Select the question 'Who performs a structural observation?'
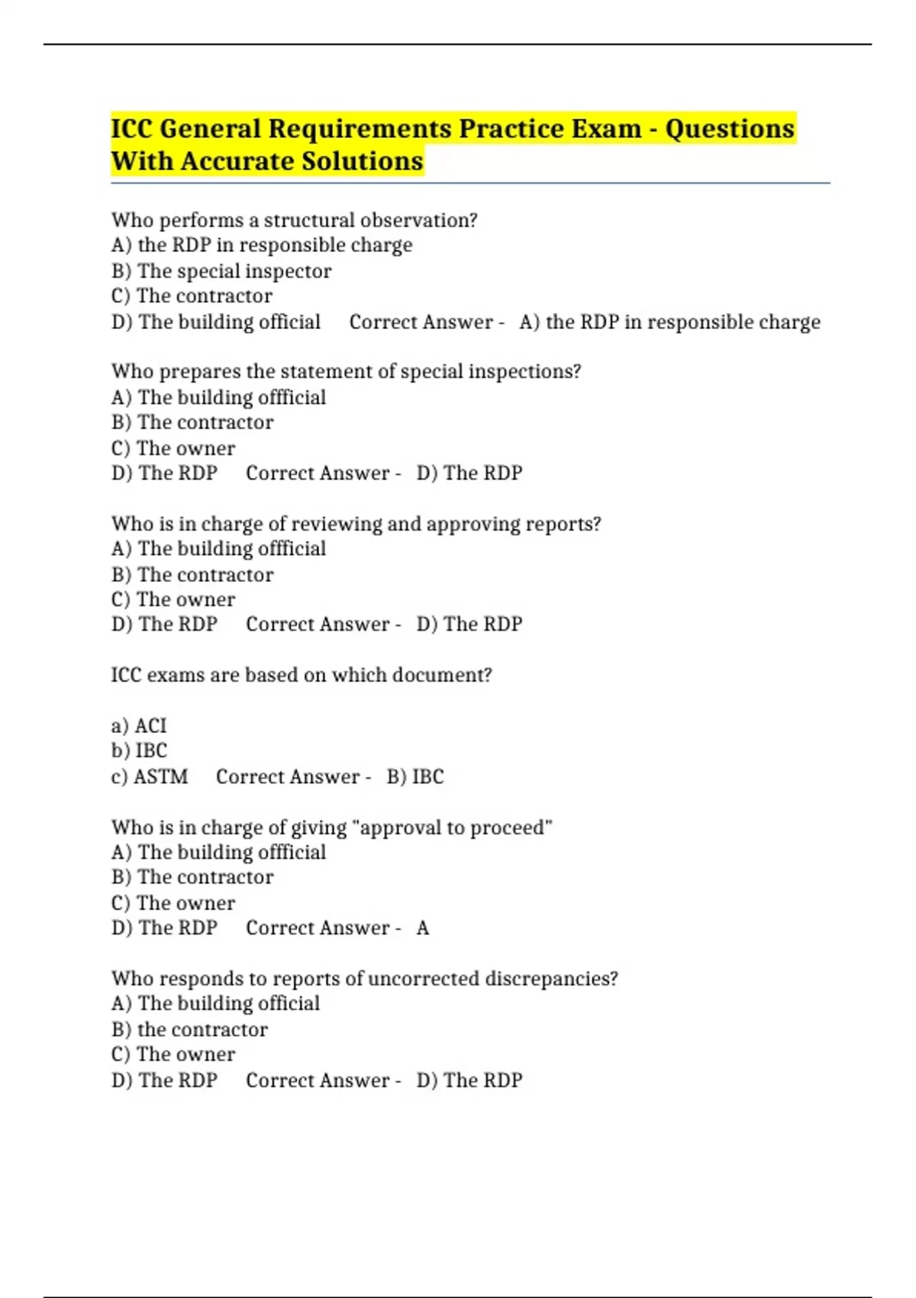(294, 220)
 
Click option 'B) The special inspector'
(221, 271)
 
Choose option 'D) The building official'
(216, 322)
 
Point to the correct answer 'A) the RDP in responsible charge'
(669, 322)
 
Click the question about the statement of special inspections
(346, 372)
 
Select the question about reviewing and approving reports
(356, 524)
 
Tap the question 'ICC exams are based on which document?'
(302, 675)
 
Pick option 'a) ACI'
(139, 725)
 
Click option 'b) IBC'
(139, 751)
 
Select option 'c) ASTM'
(150, 777)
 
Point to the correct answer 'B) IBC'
(414, 777)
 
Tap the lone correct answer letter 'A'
(423, 928)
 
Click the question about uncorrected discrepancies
(364, 979)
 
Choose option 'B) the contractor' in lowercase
(189, 1030)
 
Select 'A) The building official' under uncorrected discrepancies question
(215, 1004)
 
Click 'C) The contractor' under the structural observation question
(192, 296)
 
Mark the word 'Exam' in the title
(610, 129)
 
